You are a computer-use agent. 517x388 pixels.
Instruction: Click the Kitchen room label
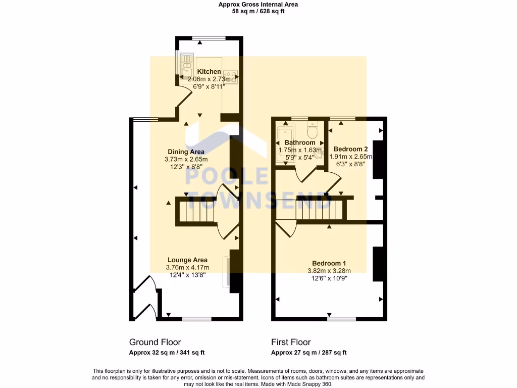coord(209,72)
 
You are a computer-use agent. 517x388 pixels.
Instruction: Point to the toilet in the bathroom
coord(314,132)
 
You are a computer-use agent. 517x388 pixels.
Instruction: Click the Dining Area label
coord(186,152)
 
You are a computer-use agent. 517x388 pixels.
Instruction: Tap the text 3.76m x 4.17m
coord(187,268)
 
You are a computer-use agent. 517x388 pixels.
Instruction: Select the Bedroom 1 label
coord(329,263)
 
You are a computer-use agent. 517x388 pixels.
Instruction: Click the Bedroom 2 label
coord(351,149)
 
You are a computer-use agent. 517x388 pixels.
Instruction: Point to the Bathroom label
coord(300,142)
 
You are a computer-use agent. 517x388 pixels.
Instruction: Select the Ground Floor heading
coord(155,342)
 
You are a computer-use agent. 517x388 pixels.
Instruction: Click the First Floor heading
coord(291,342)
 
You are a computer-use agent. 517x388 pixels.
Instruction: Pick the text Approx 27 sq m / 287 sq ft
coord(308,353)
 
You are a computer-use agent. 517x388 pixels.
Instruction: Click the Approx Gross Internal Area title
coord(258,5)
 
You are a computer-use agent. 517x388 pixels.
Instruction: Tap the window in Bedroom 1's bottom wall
coord(341,319)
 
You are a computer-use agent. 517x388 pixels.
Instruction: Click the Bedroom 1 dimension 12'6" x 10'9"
coord(329,278)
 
